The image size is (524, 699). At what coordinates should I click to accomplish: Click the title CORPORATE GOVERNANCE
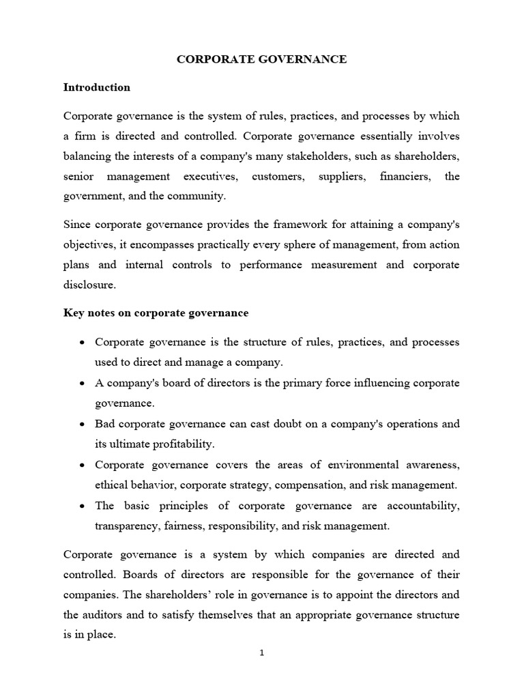click(x=262, y=60)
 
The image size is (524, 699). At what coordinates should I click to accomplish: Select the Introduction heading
click(x=96, y=87)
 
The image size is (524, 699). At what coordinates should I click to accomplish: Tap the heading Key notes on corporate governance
click(x=156, y=313)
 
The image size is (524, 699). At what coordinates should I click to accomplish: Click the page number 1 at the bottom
click(x=261, y=653)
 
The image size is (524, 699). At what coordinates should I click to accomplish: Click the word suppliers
click(x=340, y=177)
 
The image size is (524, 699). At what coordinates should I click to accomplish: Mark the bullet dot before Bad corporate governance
click(x=82, y=424)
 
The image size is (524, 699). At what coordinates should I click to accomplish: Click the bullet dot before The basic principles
click(x=82, y=506)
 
